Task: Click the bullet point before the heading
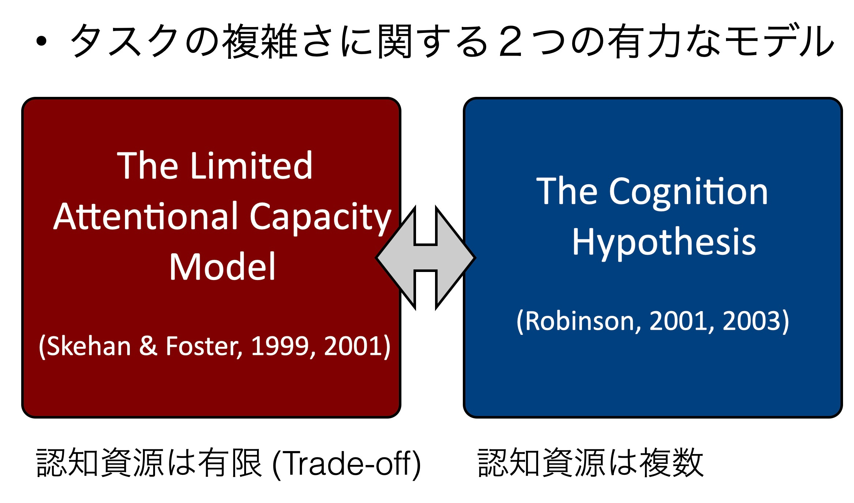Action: (42, 41)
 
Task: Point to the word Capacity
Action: (320, 218)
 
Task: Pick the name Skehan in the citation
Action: (89, 346)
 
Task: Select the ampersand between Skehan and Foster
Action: (148, 346)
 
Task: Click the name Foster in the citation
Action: (203, 346)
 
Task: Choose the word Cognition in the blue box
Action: (688, 192)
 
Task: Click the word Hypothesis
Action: (664, 242)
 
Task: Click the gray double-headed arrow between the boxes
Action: (426, 258)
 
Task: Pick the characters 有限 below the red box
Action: (230, 463)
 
